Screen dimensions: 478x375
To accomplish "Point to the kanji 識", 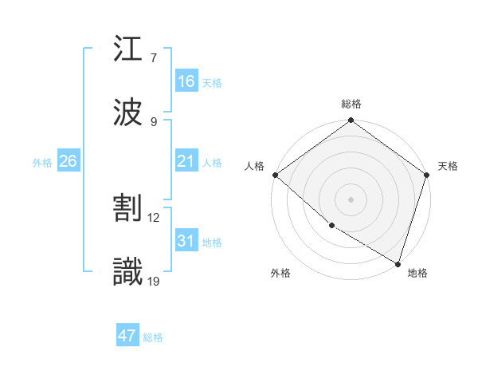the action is pos(128,271).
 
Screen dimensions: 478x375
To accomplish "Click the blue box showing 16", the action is pos(186,81).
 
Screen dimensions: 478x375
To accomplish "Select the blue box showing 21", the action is pos(186,161).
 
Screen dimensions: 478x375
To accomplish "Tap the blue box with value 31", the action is pos(186,241).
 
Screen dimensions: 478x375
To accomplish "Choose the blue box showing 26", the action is pos(68,161).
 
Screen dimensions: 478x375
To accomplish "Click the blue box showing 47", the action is pos(127,336).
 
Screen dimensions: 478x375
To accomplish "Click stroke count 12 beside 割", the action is pos(155,218).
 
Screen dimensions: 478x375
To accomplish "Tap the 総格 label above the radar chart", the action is pos(351,104).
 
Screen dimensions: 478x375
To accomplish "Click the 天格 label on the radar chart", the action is pos(448,166).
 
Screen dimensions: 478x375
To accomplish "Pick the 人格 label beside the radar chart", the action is pos(254,166).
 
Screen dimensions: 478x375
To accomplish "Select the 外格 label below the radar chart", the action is pos(280,274).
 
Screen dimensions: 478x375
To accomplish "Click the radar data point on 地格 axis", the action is pos(398,263).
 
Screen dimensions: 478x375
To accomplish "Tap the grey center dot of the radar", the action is pos(351,199).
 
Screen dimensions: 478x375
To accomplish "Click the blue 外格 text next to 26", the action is pos(42,163).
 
